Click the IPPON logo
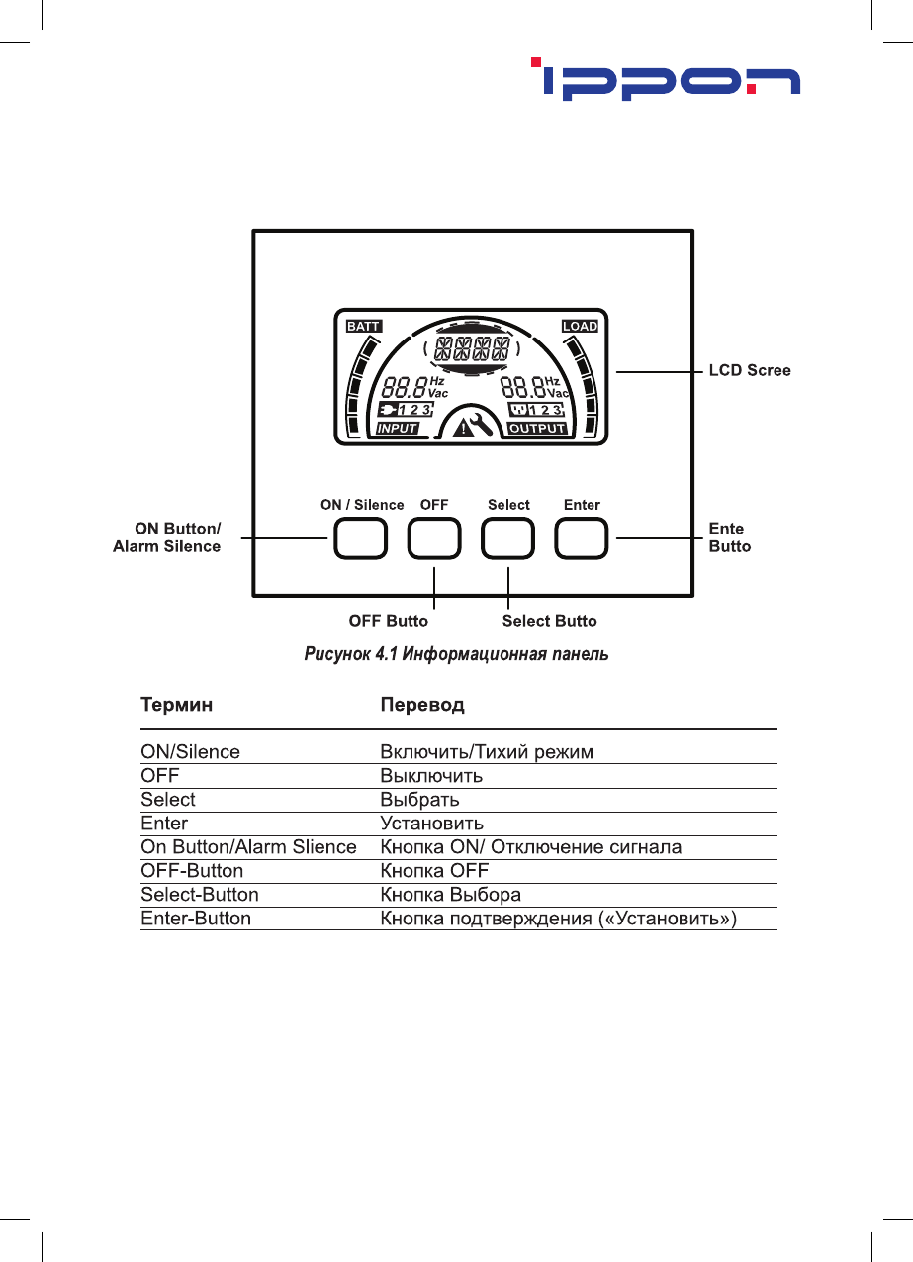[x=665, y=80]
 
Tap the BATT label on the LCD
[x=363, y=326]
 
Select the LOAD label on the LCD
[x=580, y=326]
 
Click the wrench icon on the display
[x=480, y=426]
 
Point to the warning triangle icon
[x=461, y=428]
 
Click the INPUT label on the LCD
[x=397, y=429]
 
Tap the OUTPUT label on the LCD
[x=537, y=429]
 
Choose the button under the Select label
[x=507, y=538]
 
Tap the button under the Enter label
[x=582, y=538]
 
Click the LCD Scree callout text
[x=750, y=370]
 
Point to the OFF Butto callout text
[x=389, y=621]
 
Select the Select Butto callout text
[x=549, y=621]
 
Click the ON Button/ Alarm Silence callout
[x=167, y=537]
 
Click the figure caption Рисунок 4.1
[x=456, y=654]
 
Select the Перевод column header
[x=422, y=705]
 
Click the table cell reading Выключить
[x=431, y=776]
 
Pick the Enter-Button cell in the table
[x=196, y=919]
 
